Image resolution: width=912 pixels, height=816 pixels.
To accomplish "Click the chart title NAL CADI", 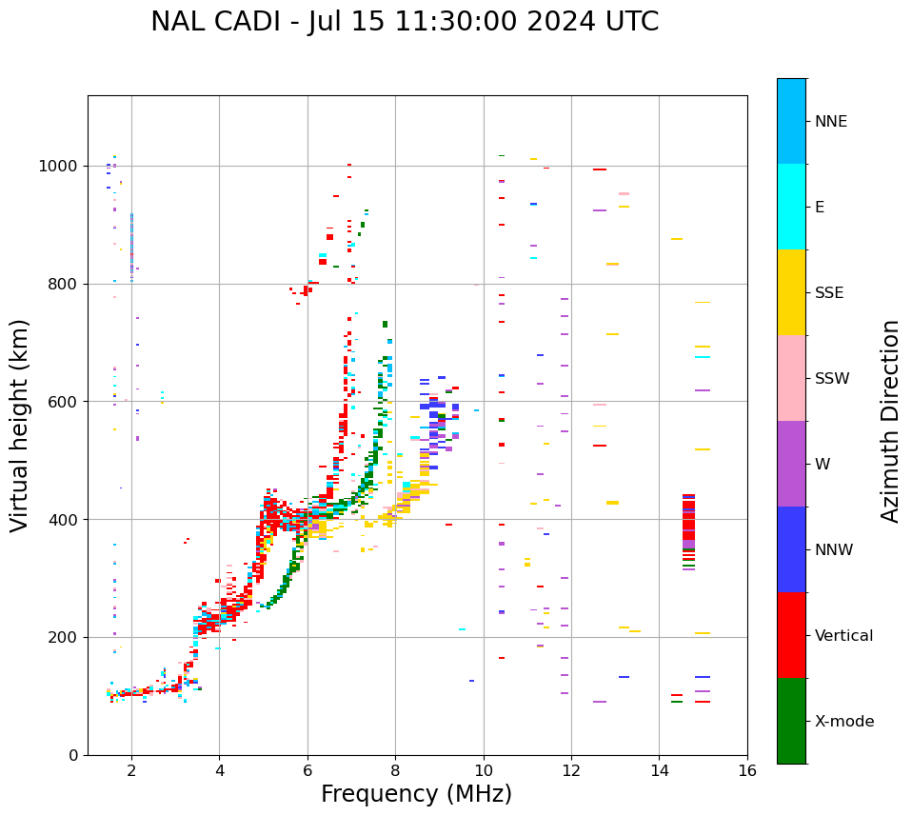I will tap(404, 22).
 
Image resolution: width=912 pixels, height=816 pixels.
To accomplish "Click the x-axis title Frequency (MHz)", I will tap(416, 794).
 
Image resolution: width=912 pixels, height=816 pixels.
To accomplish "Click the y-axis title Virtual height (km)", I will tap(20, 425).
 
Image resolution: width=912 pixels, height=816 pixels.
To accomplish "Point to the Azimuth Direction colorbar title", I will tap(890, 420).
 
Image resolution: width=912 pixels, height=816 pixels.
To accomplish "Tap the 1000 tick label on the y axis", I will tap(57, 166).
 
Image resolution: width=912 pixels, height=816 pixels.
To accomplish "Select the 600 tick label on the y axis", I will tap(62, 402).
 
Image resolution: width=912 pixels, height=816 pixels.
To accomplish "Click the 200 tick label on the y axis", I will tap(62, 637).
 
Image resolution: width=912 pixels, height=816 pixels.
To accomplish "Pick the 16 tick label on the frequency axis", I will tap(747, 770).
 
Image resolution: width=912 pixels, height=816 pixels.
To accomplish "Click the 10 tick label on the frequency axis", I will tap(484, 770).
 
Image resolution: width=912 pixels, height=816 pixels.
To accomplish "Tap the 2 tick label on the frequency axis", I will tap(131, 770).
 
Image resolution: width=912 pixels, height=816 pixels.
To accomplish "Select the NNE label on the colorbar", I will tap(830, 122).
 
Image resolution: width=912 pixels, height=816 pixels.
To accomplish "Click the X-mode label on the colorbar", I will tap(844, 722).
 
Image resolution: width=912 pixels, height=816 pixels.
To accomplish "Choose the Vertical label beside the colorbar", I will tap(843, 636).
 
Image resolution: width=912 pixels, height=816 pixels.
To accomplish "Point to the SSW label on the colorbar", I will tap(832, 379).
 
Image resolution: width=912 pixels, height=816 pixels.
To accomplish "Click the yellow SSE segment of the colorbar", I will tap(791, 292).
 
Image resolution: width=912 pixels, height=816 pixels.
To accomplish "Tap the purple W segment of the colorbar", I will tap(791, 464).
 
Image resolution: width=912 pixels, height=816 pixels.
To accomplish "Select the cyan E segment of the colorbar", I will tap(791, 207).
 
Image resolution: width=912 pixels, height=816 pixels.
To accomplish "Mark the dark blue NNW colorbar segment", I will tap(791, 549).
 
